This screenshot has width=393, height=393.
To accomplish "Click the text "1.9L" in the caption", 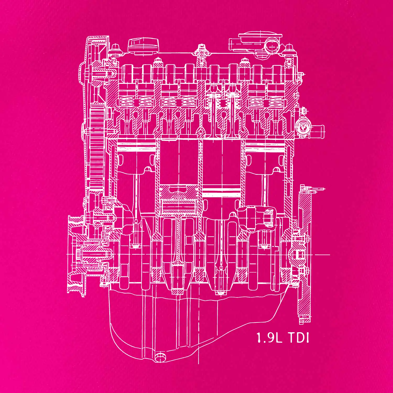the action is pyautogui.click(x=269, y=338).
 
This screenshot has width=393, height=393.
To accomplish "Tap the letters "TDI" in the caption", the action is pyautogui.click(x=298, y=338).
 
